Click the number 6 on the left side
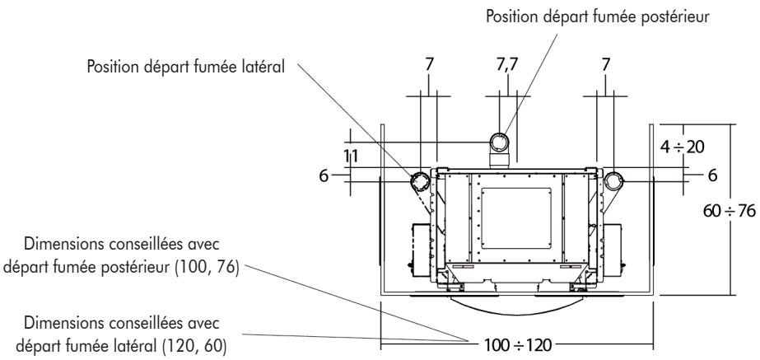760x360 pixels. click(x=342, y=176)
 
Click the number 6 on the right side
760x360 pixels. click(x=712, y=176)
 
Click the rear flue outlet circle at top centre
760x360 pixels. click(x=501, y=140)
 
